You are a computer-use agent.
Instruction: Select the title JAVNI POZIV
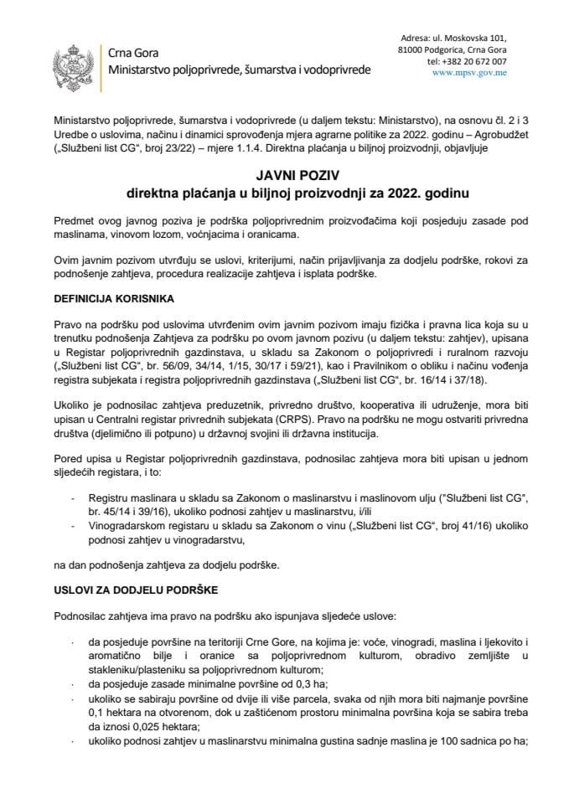[x=284, y=177]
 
